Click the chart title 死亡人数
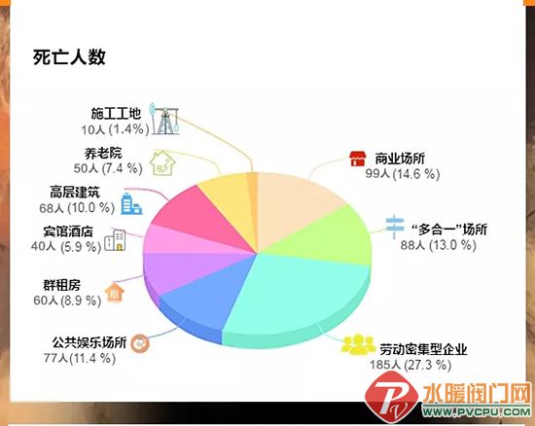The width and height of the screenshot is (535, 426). [69, 57]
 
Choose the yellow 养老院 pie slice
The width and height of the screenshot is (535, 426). [229, 201]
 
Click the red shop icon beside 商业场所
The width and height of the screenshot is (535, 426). [358, 159]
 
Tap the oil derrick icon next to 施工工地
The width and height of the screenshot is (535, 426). [165, 119]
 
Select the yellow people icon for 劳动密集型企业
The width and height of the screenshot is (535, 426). [358, 344]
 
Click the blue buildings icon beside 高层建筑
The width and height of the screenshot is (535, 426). [131, 204]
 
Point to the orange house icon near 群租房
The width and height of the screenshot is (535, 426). [115, 293]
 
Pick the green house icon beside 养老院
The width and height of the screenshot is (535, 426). [162, 163]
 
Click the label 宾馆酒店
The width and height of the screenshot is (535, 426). [68, 231]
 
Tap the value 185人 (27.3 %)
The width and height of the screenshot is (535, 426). [410, 365]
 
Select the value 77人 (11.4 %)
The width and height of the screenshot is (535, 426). [80, 358]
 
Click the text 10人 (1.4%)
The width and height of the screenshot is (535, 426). [115, 129]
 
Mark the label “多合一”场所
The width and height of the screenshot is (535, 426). [449, 230]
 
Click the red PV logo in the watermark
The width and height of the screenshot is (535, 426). [391, 398]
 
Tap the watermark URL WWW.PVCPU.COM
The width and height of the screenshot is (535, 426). [477, 411]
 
